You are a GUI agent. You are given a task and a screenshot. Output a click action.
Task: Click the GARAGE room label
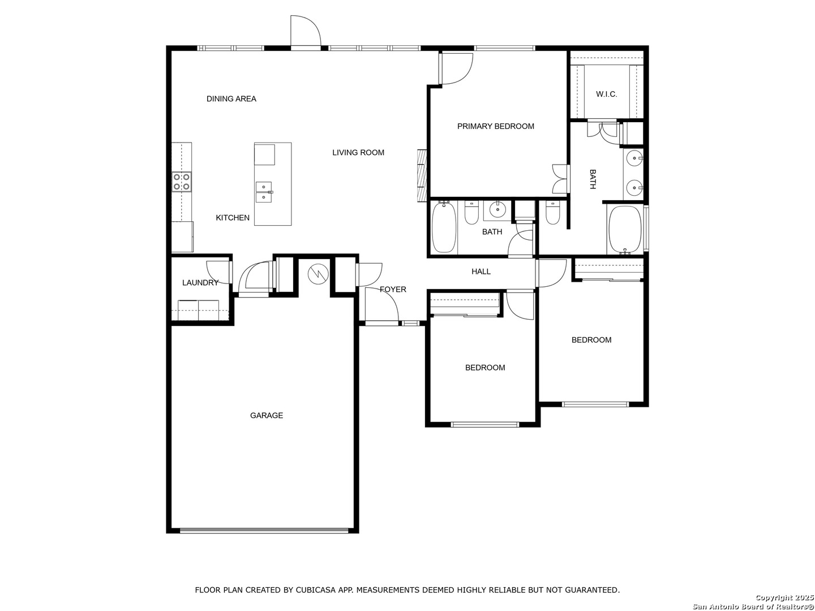coord(266,415)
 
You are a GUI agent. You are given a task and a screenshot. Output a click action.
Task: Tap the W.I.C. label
coord(606,94)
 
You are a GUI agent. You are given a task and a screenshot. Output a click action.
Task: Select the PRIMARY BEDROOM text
coord(495,126)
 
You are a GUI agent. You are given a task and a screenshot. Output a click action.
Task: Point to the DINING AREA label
coord(231,98)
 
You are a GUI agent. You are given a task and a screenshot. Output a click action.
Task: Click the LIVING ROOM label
coord(358,153)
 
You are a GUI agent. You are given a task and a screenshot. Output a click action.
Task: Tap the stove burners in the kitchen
coord(182,182)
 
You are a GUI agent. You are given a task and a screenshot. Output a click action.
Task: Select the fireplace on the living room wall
coord(422,175)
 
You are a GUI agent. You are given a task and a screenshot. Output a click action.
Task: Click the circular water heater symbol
coord(318,274)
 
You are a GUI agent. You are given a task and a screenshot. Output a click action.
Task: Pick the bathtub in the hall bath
coord(444,227)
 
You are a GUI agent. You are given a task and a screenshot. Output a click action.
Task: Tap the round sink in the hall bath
coord(496,210)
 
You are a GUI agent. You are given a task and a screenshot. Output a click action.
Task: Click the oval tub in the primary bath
coord(625,230)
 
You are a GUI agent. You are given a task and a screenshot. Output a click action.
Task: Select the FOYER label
coord(392,289)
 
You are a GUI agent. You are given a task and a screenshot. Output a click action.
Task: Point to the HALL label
coord(481,272)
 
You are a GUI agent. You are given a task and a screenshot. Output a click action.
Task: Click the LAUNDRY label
coord(200,283)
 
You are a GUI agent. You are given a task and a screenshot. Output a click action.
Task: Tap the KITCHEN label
coord(233,218)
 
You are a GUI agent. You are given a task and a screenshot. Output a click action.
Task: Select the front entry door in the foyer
coord(381,307)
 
